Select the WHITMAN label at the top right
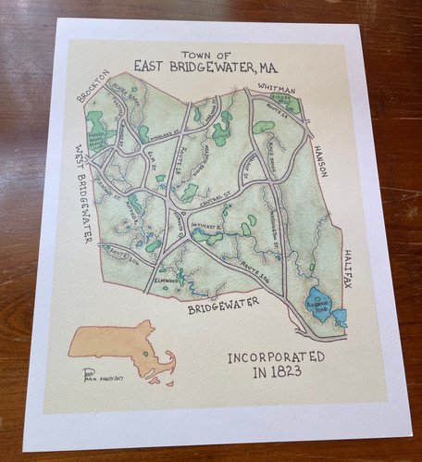(x=276, y=85)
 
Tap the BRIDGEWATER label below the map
(x=226, y=305)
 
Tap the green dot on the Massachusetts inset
(x=145, y=353)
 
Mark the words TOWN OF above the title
(x=205, y=54)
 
